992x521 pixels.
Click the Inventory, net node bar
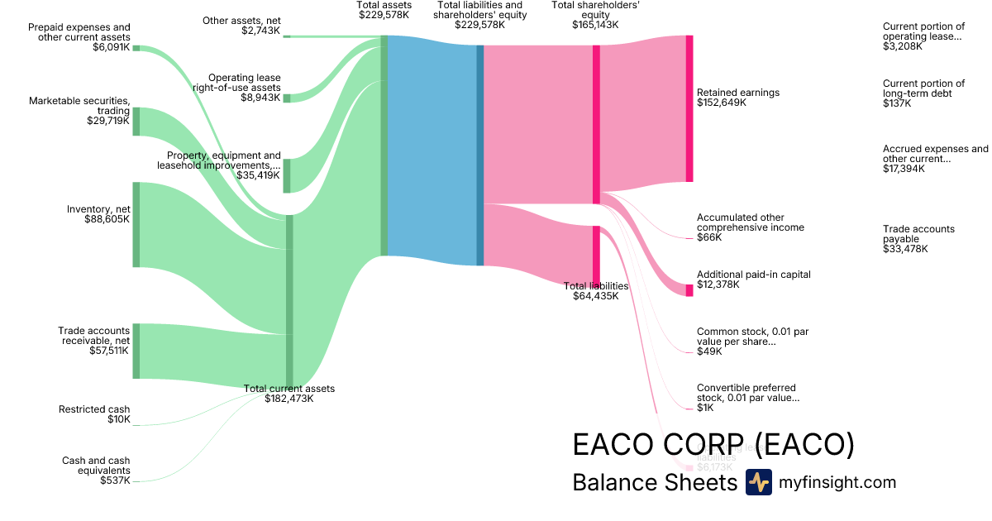pyautogui.click(x=136, y=224)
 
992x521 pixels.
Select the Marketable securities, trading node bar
pyautogui.click(x=136, y=121)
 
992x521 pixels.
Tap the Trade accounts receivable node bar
pyautogui.click(x=136, y=351)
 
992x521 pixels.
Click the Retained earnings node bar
pyautogui.click(x=689, y=108)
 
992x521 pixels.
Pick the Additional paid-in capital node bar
pyautogui.click(x=689, y=289)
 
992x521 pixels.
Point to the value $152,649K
pyautogui.click(x=722, y=103)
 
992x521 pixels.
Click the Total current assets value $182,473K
pyautogui.click(x=289, y=399)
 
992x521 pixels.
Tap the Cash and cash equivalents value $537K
pyautogui.click(x=115, y=480)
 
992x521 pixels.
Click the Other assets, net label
pyautogui.click(x=242, y=20)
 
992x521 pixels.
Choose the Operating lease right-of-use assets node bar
pyautogui.click(x=287, y=98)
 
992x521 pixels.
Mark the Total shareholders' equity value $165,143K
pyautogui.click(x=595, y=25)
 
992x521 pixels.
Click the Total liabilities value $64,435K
pyautogui.click(x=595, y=296)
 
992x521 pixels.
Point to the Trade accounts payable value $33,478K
pyautogui.click(x=905, y=249)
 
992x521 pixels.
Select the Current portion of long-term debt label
pyautogui.click(x=923, y=88)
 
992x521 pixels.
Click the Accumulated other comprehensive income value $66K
pyautogui.click(x=709, y=237)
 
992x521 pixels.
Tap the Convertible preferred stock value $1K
pyautogui.click(x=705, y=408)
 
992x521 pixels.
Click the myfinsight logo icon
pyautogui.click(x=759, y=482)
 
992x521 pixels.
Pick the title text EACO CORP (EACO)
pyautogui.click(x=713, y=445)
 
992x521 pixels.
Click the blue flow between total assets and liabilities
pyautogui.click(x=432, y=149)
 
